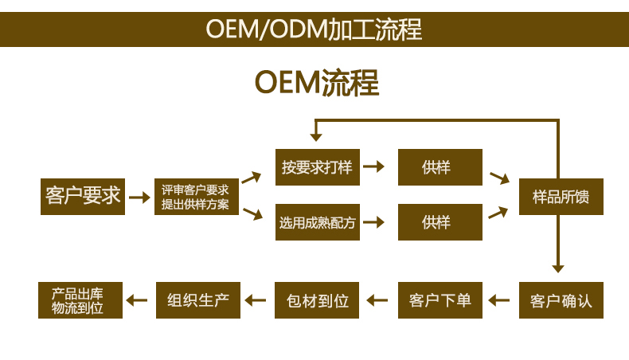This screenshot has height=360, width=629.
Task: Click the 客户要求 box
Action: (x=83, y=197)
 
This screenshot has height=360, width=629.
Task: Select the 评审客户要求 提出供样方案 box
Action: (x=197, y=197)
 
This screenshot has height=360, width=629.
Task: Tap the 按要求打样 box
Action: (x=318, y=167)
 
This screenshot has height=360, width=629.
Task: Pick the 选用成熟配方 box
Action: (x=318, y=222)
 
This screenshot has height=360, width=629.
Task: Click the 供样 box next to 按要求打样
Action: (x=440, y=167)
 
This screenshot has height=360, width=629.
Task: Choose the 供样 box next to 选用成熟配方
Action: (x=440, y=222)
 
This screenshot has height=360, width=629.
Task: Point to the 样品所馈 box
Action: (x=561, y=197)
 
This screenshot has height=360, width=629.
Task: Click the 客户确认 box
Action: (x=561, y=300)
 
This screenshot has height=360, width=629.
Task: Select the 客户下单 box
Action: (x=440, y=300)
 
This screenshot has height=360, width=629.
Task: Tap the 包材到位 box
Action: (x=317, y=300)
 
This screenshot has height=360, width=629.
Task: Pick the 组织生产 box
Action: (x=198, y=300)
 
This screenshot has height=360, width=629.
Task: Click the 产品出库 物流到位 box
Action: (x=80, y=300)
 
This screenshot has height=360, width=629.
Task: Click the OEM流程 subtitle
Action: (x=317, y=83)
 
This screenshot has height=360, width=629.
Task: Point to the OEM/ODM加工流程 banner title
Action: (x=314, y=29)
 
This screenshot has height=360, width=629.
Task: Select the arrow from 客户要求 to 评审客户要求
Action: (x=139, y=197)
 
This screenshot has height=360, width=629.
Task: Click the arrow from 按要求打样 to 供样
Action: (x=374, y=166)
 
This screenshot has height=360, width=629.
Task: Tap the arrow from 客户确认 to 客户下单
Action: (x=499, y=300)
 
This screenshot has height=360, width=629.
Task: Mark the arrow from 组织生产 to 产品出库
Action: (x=137, y=300)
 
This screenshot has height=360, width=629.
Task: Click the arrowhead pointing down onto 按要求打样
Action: (x=316, y=137)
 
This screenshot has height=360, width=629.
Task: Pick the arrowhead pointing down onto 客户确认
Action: (x=558, y=269)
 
